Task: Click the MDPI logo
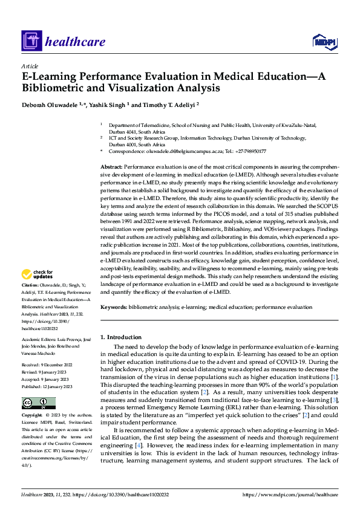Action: pos(324,41)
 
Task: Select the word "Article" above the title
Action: pos(30,65)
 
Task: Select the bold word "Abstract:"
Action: pos(111,166)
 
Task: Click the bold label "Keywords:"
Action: pos(114,308)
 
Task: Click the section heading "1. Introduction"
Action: pos(120,337)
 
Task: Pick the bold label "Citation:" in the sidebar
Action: pos(30,284)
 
